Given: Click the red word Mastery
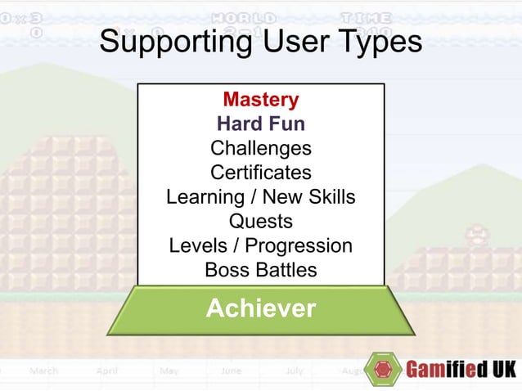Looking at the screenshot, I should [261, 100].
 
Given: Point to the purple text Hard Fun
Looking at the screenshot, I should [261, 124].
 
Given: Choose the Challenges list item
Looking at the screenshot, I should [261, 148].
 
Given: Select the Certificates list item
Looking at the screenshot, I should [261, 173].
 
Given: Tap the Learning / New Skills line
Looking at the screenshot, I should [261, 197].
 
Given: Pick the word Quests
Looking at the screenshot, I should [261, 221].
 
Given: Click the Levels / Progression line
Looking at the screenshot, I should [261, 245].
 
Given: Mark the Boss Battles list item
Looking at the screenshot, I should [261, 269].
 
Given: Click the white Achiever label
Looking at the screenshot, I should [261, 308].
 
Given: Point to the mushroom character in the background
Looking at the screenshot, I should [477, 237].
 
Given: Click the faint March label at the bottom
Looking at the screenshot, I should [44, 371].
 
